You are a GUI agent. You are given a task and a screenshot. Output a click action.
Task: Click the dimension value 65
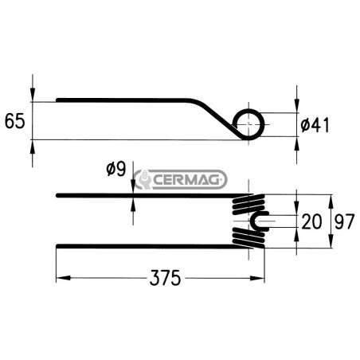[15, 121]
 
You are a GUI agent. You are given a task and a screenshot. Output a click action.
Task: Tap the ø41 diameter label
[315, 125]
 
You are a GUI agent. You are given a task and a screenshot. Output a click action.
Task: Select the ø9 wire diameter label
[116, 169]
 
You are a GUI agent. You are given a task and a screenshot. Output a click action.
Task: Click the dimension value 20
[311, 221]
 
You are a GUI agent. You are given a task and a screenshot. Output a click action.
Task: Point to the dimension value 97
[344, 221]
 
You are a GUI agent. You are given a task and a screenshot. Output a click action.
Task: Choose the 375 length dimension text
[165, 278]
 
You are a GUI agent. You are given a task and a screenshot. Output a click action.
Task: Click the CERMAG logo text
[186, 180]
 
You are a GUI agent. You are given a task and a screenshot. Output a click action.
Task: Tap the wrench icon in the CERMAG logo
[143, 179]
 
